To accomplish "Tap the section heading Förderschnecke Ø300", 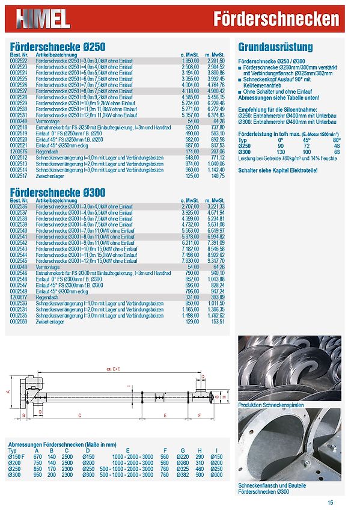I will [x=58, y=192].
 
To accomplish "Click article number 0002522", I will [x=19, y=61].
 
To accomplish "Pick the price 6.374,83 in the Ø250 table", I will [x=215, y=115].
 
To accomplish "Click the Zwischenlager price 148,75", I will [x=217, y=176].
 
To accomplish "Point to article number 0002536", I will [x=19, y=206].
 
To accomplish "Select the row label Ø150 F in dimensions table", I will [x=16, y=456].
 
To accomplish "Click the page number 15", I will [x=331, y=503].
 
